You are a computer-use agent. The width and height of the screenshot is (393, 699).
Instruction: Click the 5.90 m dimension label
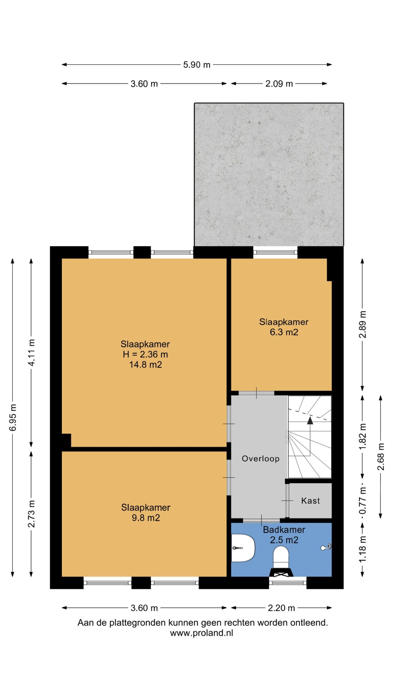(x=196, y=65)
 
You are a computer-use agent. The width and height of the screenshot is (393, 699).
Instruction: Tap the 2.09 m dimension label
(x=279, y=84)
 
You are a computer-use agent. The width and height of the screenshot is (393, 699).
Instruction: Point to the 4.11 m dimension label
(x=32, y=353)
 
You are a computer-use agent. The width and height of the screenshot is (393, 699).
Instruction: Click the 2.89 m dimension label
(x=362, y=324)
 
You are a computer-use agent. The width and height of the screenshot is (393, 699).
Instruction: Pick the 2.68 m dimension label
(x=381, y=457)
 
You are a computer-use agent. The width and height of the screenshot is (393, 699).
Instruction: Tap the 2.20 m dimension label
(x=281, y=608)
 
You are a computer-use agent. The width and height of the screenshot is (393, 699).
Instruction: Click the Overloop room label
(x=261, y=458)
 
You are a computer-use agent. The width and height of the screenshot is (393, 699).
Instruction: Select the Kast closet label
(x=311, y=500)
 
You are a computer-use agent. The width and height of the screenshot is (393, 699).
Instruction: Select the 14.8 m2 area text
(x=145, y=365)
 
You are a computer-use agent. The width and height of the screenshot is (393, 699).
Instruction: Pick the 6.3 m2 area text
(x=284, y=332)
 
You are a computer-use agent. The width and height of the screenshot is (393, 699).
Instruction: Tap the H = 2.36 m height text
(x=145, y=354)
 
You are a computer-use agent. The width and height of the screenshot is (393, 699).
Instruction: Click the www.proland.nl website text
(x=201, y=633)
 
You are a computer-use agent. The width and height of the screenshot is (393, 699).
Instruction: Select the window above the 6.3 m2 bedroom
(x=275, y=252)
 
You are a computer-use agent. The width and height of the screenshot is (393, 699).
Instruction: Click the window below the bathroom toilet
(x=288, y=583)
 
